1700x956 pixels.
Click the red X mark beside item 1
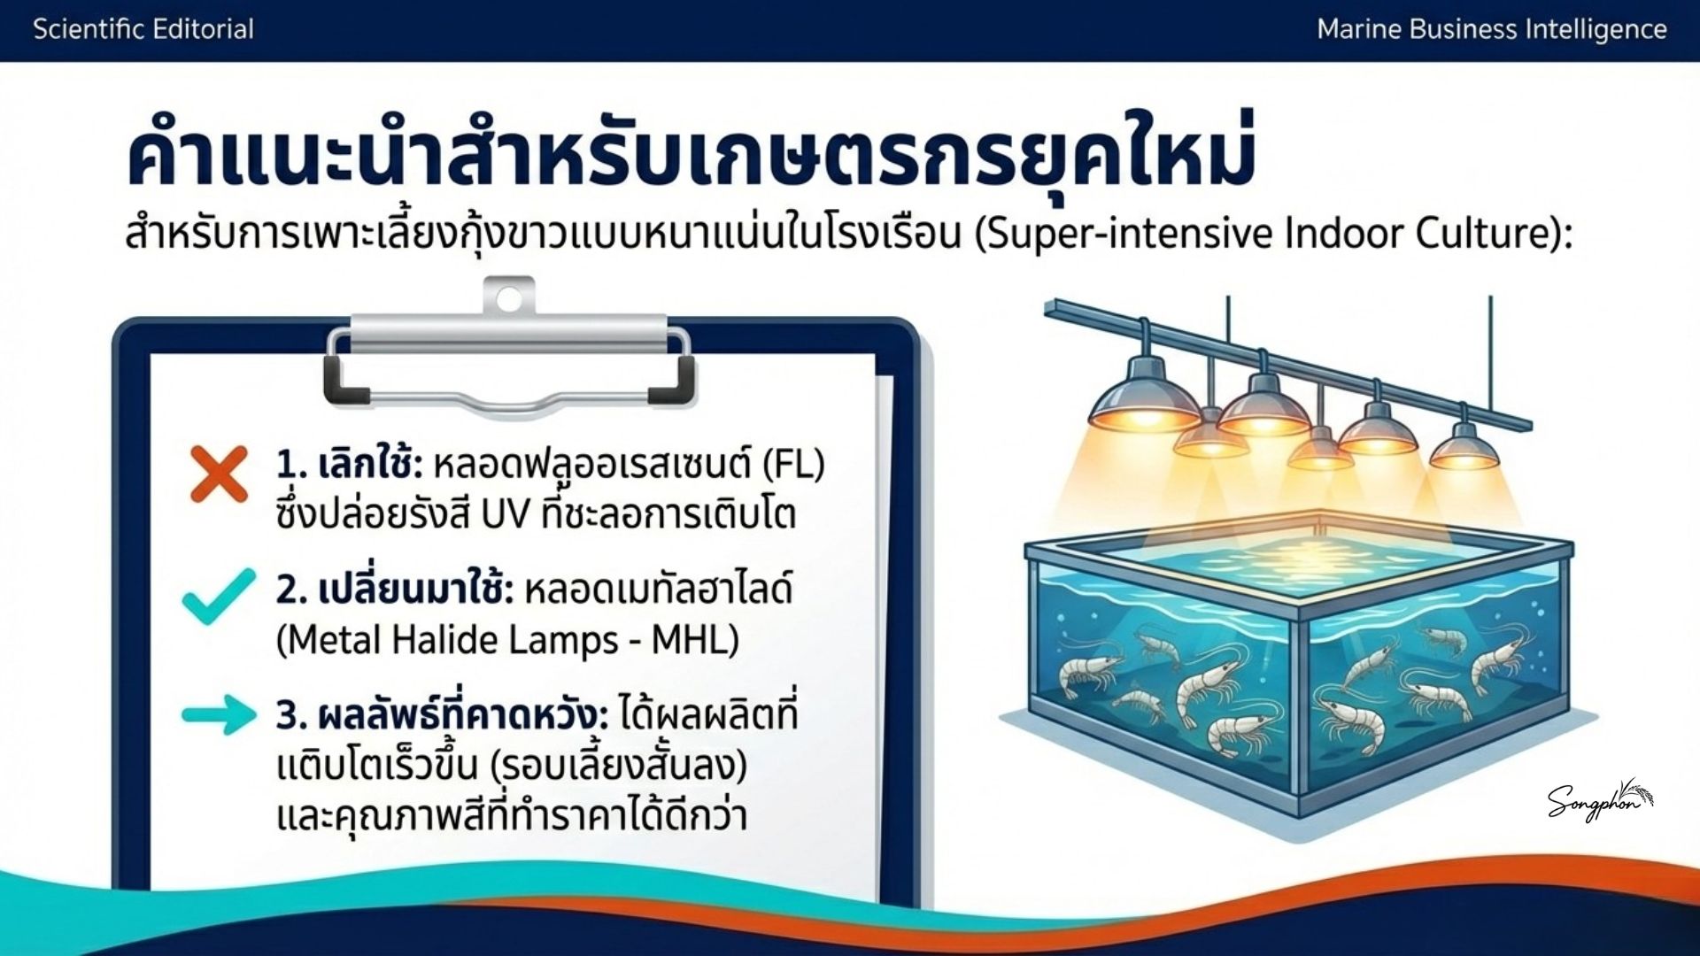(219, 475)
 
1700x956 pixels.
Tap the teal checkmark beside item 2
(219, 597)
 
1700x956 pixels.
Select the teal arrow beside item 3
(219, 714)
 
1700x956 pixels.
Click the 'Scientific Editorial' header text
(143, 29)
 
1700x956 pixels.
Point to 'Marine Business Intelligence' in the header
(1492, 29)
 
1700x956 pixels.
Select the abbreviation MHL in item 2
(695, 639)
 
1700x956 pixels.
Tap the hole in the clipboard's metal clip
(508, 299)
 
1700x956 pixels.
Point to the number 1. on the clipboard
(291, 465)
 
